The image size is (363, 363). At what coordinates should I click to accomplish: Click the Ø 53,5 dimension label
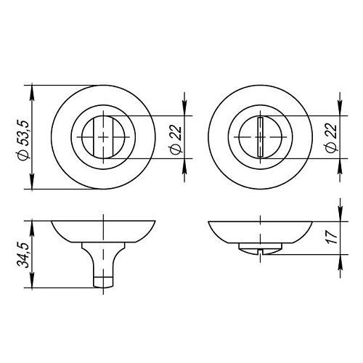coord(23,140)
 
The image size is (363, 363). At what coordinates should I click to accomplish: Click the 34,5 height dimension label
coord(23,255)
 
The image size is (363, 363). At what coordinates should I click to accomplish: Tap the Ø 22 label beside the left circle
coord(176,139)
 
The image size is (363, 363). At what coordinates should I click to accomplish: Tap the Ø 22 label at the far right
coord(331,138)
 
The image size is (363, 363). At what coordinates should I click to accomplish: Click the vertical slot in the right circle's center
coord(261,137)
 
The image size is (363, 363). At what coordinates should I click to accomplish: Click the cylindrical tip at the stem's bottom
coord(103,282)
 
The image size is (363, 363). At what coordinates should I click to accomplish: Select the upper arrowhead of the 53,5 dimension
coord(32,91)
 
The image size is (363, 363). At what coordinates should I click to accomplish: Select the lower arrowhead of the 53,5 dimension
coord(32,183)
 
